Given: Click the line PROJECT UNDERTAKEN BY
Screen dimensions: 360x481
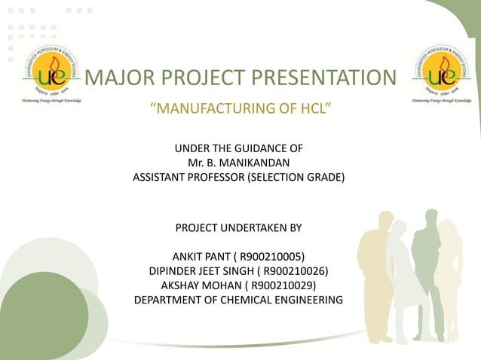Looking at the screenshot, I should point(237,227).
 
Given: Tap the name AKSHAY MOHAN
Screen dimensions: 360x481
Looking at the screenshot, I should point(201,285).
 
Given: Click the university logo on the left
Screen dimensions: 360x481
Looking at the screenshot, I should point(50,74).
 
